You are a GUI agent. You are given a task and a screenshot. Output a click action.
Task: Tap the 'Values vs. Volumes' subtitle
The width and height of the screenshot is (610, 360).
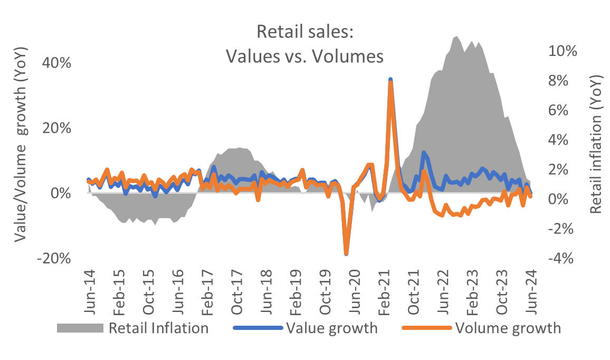click(304, 55)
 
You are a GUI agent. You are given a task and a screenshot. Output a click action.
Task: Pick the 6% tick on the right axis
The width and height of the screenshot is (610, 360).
click(566, 110)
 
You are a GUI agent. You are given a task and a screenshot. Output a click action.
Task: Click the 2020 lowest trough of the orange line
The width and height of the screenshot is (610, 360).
click(346, 253)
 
